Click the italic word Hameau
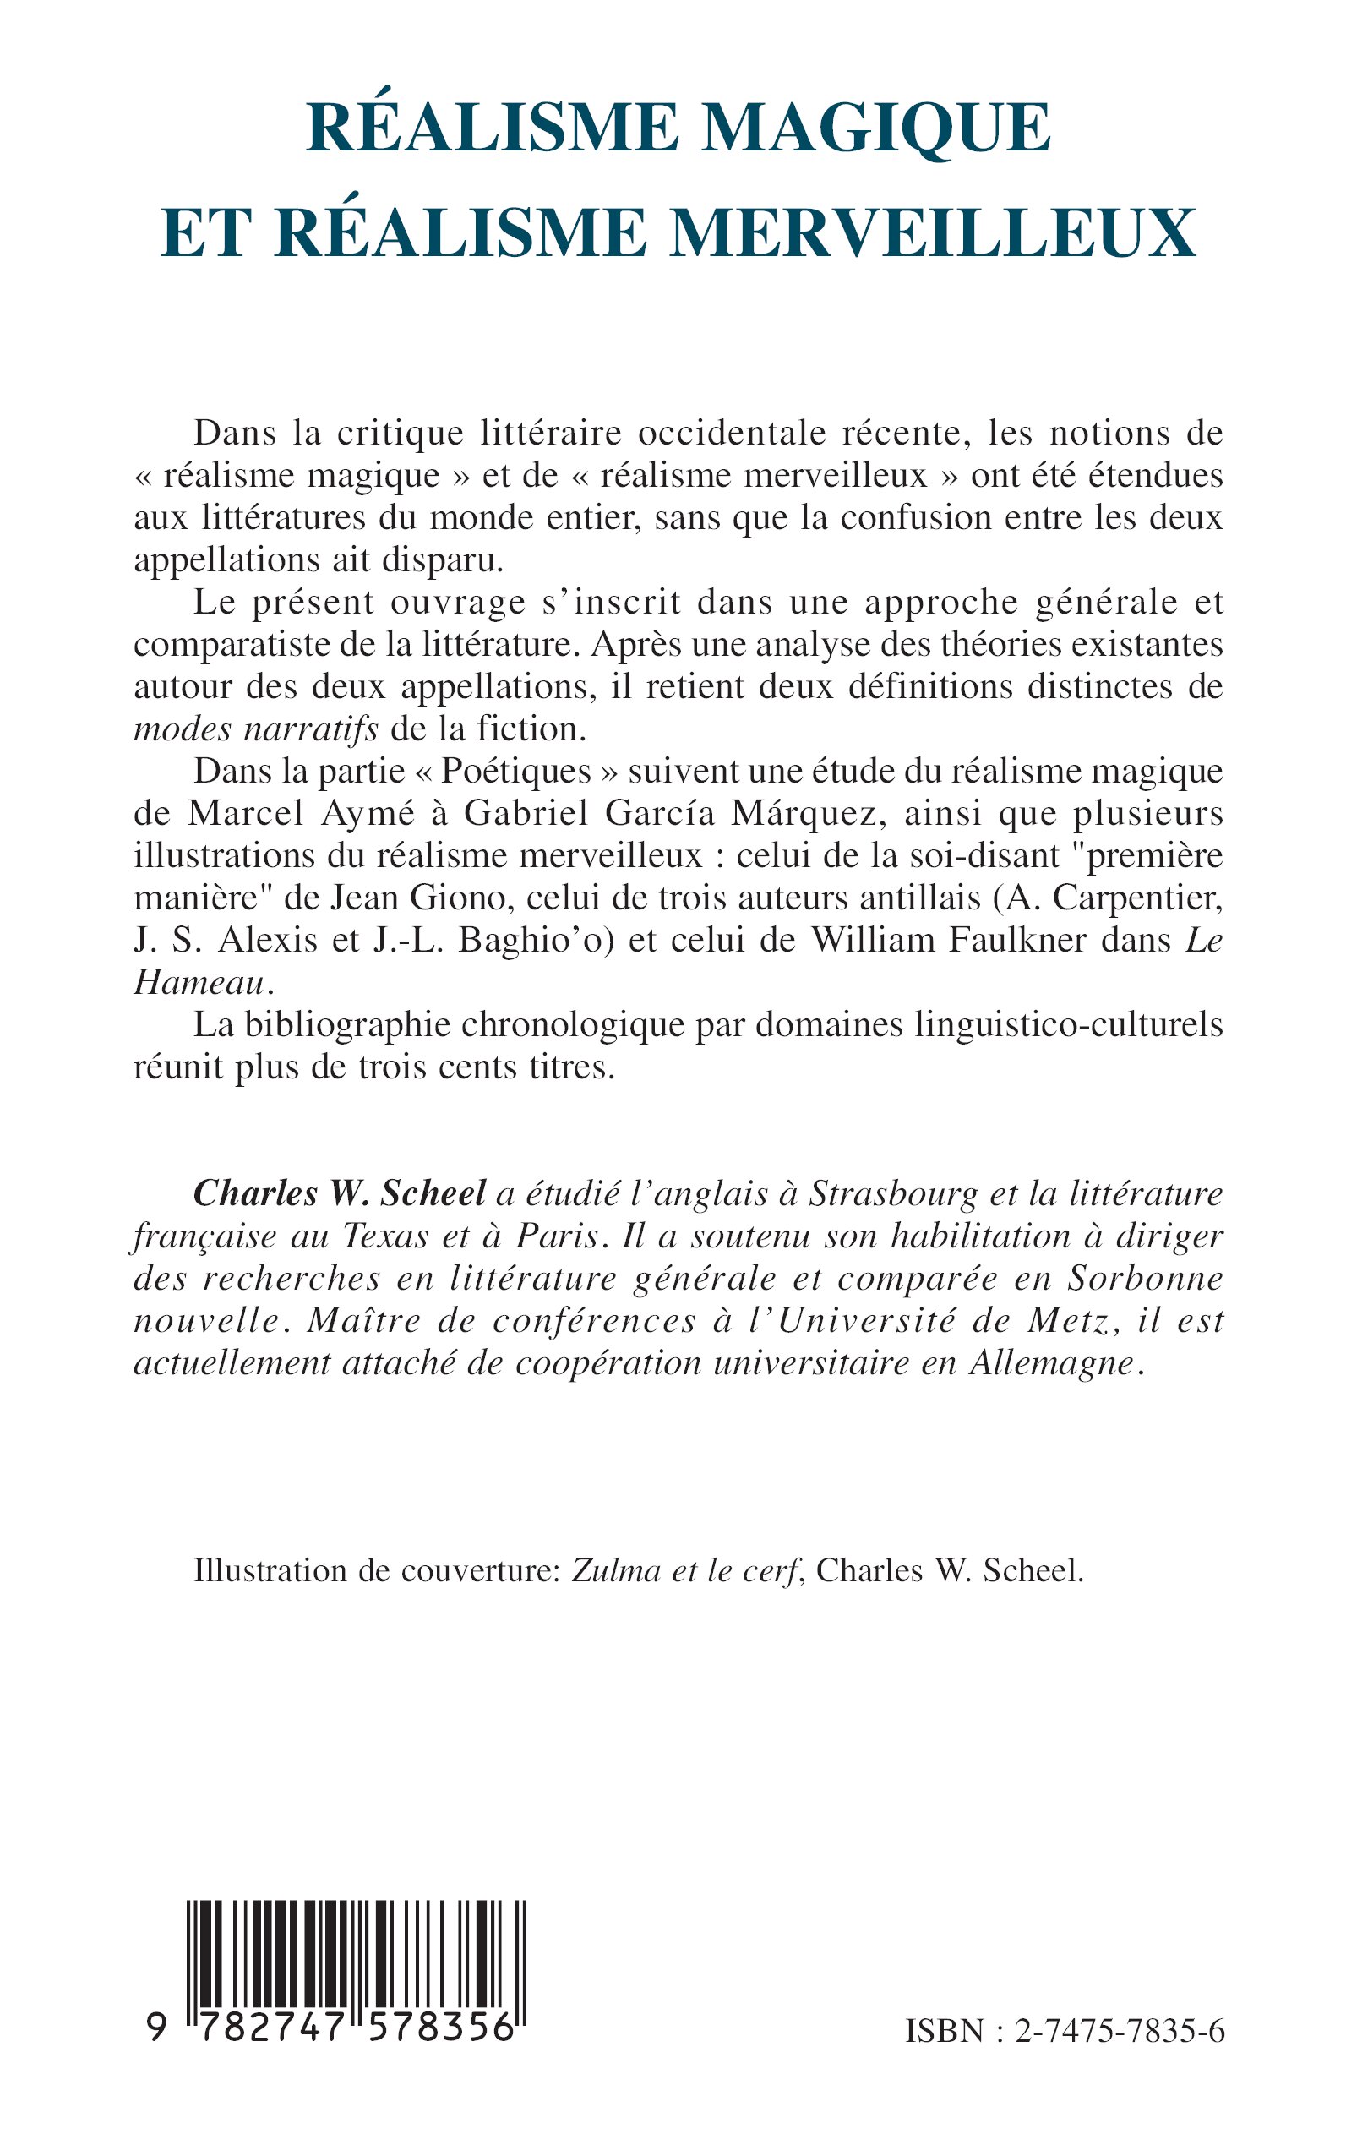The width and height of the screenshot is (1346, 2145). pyautogui.click(x=199, y=982)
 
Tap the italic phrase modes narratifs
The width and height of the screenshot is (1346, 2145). pyautogui.click(x=256, y=729)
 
